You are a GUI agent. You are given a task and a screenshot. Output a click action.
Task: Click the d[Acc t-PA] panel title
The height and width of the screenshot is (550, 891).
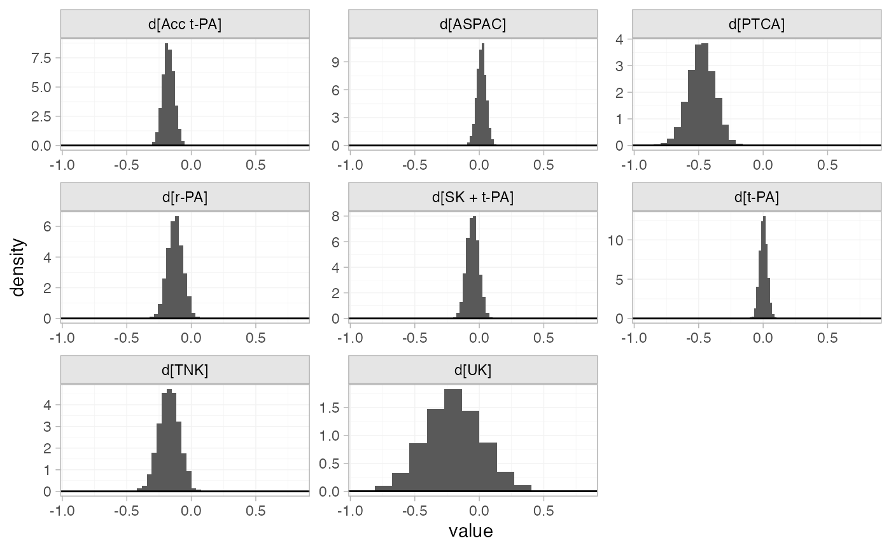click(x=185, y=25)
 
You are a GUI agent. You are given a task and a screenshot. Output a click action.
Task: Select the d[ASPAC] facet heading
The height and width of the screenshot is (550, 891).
click(x=473, y=25)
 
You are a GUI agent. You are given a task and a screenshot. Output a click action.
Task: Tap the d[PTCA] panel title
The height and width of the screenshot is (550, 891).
click(x=757, y=25)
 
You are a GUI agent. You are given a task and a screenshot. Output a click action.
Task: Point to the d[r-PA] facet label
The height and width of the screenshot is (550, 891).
click(x=185, y=198)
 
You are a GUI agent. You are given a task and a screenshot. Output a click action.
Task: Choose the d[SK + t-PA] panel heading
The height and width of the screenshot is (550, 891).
click(x=473, y=198)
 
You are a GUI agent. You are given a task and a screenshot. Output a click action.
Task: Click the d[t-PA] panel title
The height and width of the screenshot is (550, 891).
click(x=757, y=198)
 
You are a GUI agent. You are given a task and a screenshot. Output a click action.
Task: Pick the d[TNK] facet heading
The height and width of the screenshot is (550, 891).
click(x=185, y=371)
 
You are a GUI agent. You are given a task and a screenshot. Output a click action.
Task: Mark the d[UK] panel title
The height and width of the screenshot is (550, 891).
click(x=473, y=371)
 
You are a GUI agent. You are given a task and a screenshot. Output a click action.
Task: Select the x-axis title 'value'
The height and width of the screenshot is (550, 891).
click(x=471, y=531)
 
